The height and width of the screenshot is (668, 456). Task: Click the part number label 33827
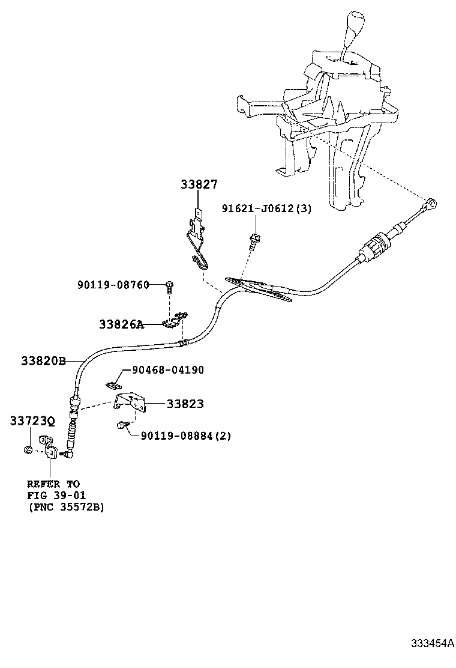199,185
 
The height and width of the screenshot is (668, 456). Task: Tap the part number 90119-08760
113,284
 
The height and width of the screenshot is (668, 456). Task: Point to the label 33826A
121,324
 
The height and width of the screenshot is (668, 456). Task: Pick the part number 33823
185,404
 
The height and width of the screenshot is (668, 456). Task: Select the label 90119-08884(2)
185,436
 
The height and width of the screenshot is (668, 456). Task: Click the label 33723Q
32,422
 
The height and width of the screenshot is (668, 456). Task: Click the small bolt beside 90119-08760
170,286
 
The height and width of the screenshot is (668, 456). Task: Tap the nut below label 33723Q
28,449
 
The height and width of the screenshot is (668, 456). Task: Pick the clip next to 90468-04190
113,383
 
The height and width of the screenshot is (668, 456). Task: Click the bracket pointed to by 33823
131,402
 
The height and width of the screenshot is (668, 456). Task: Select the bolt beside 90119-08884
122,426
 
